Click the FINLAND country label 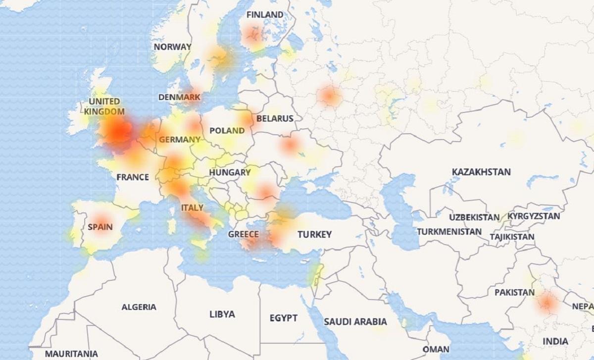click(265, 14)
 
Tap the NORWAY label click(172, 47)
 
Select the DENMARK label click(180, 97)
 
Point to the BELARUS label click(275, 118)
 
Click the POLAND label click(227, 131)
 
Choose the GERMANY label click(180, 140)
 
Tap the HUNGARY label click(230, 172)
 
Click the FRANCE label click(133, 177)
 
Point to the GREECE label click(244, 234)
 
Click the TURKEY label click(314, 235)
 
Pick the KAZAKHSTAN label click(481, 172)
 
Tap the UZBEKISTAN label click(474, 218)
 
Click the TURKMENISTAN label click(449, 231)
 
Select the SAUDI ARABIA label click(355, 321)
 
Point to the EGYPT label click(284, 317)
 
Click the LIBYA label click(222, 314)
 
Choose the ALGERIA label click(139, 307)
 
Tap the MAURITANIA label click(71, 354)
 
